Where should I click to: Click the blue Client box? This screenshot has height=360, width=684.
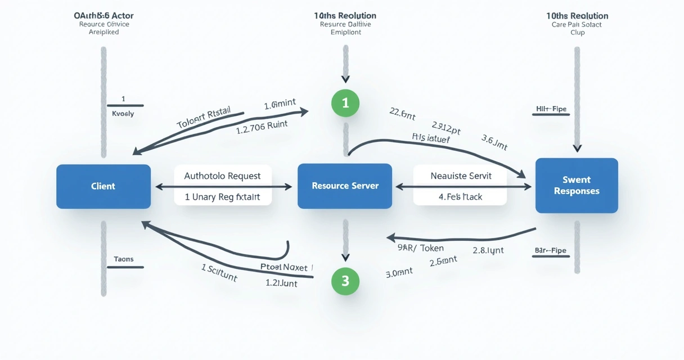[103, 186]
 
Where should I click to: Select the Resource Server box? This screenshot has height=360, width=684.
[345, 186]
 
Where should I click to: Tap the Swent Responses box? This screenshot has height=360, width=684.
[577, 186]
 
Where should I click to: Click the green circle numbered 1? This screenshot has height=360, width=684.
[345, 103]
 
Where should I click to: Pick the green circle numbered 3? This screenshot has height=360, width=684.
[345, 281]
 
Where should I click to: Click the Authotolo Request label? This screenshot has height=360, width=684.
[223, 176]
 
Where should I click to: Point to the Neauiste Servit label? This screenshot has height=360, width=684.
[461, 176]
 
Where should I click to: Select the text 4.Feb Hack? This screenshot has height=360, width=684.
[460, 197]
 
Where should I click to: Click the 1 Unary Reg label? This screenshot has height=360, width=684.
[223, 197]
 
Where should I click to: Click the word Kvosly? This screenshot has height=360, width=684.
[123, 114]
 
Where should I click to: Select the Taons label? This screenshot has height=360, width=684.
[124, 259]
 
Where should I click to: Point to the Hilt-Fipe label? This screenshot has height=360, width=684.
[551, 109]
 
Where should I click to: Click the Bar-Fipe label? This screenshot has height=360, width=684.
[551, 250]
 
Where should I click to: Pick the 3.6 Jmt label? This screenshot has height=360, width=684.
[494, 143]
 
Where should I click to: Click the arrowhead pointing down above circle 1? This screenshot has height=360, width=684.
[345, 79]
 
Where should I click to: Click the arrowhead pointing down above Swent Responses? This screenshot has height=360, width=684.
[577, 148]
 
